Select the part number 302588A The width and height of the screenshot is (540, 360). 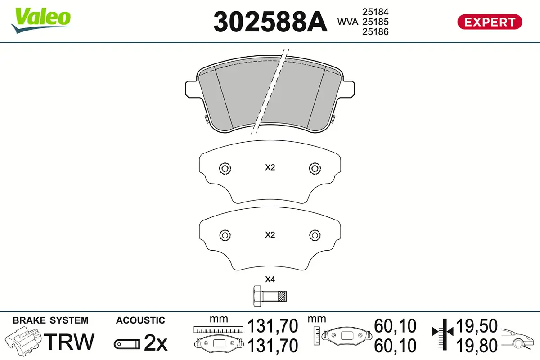point(270,22)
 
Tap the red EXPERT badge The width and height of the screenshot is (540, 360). point(490,22)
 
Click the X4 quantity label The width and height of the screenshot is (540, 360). point(270,279)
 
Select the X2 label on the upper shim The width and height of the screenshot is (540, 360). point(270,168)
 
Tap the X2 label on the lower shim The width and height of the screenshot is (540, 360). point(270,235)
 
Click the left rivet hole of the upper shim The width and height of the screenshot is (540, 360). point(225,168)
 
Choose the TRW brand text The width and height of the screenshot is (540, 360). point(70,342)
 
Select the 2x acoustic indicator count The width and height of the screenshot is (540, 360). point(155,344)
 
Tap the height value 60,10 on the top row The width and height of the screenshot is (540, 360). point(396,326)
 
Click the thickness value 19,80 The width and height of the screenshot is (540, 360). point(477,346)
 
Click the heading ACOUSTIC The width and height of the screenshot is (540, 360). point(140,320)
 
